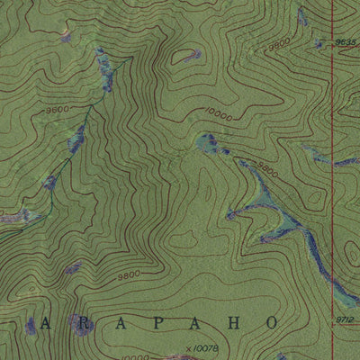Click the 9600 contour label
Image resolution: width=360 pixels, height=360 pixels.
[56, 109]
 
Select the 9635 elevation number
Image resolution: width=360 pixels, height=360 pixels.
[346, 41]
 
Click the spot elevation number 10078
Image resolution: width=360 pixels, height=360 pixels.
[206, 342]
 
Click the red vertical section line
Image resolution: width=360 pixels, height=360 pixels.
[332, 180]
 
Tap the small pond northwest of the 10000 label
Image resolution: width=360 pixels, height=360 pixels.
[190, 55]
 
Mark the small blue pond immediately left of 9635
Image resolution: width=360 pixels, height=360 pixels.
[319, 42]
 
